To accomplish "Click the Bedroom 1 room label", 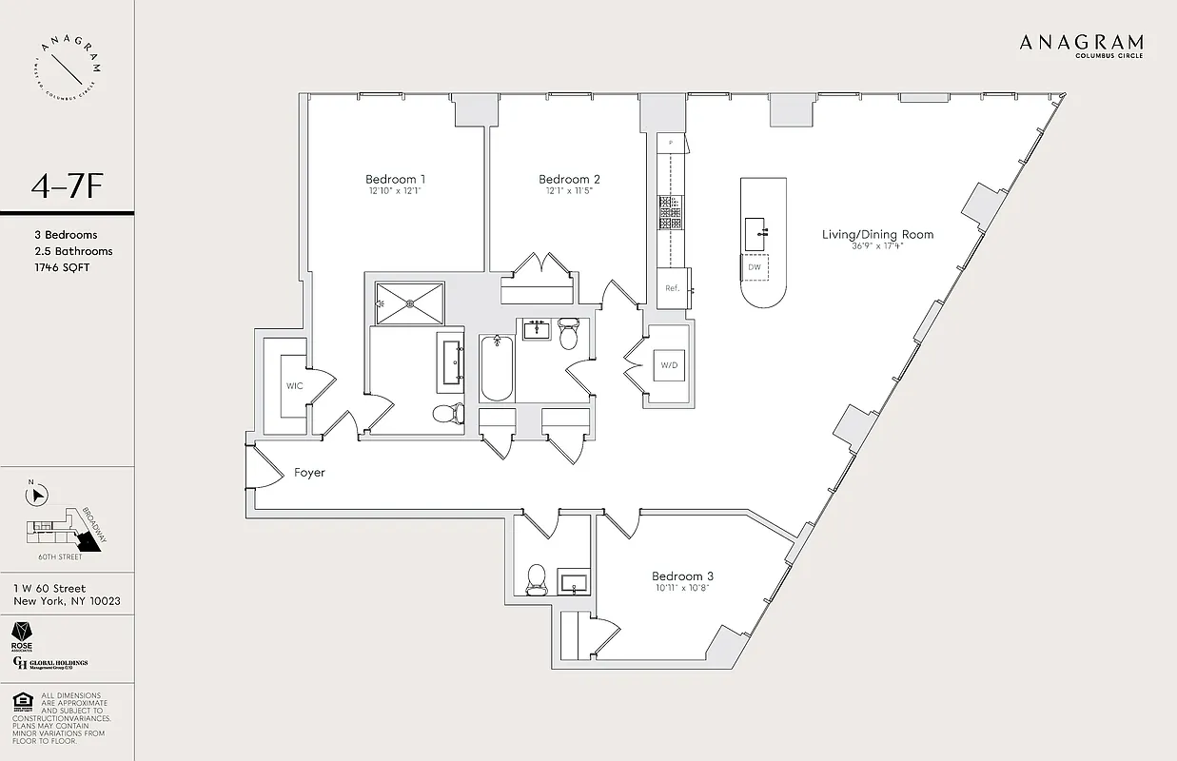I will [x=395, y=179].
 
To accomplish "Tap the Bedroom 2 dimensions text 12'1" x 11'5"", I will [x=569, y=191].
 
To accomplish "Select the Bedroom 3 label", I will [x=682, y=576].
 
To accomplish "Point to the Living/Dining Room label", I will [x=878, y=234].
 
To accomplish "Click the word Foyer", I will [x=309, y=472].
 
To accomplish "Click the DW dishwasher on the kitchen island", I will [x=755, y=267].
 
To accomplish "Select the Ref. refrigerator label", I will [x=672, y=288].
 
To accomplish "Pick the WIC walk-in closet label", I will [x=294, y=386].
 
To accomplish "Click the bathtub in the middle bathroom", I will [x=496, y=368].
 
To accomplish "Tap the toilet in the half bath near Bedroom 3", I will [x=536, y=577].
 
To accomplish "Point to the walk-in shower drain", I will [x=410, y=303].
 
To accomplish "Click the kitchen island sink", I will [x=756, y=228].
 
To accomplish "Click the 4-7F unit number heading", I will [x=66, y=186].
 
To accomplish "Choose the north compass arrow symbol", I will [x=39, y=494].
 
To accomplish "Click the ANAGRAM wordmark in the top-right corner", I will [x=1081, y=43].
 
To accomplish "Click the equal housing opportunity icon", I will [x=20, y=702].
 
